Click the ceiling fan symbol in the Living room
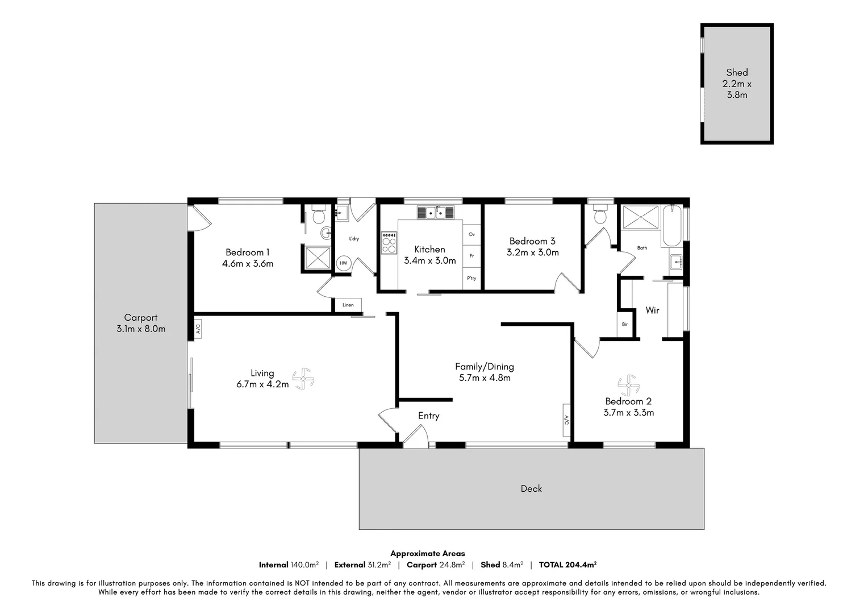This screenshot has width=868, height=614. click(x=303, y=379)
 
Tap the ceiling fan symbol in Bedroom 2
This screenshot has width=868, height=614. click(x=628, y=385)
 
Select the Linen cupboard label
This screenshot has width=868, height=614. click(x=348, y=305)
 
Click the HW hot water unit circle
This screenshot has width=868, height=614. click(x=343, y=263)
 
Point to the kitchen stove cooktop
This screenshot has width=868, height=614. click(x=389, y=243)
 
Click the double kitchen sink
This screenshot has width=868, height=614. click(x=436, y=213)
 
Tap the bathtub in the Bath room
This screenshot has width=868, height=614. click(x=675, y=225)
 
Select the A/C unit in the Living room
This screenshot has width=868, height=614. click(x=198, y=329)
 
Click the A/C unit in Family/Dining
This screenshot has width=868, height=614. click(x=566, y=420)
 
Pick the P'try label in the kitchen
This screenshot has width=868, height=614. click(x=471, y=279)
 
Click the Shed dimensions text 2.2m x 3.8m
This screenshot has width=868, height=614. click(x=737, y=89)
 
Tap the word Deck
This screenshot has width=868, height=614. click(x=531, y=488)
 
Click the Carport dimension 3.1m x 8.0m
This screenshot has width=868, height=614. click(x=141, y=329)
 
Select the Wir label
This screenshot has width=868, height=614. click(x=652, y=310)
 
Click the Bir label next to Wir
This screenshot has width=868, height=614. click(x=624, y=325)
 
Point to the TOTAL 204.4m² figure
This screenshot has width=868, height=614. click(x=567, y=565)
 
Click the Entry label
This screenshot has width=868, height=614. click(x=428, y=416)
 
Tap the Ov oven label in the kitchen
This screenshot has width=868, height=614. click(x=471, y=234)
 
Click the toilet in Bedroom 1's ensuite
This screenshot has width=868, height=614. click(x=318, y=216)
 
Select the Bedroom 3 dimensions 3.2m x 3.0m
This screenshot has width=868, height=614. click(x=532, y=252)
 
